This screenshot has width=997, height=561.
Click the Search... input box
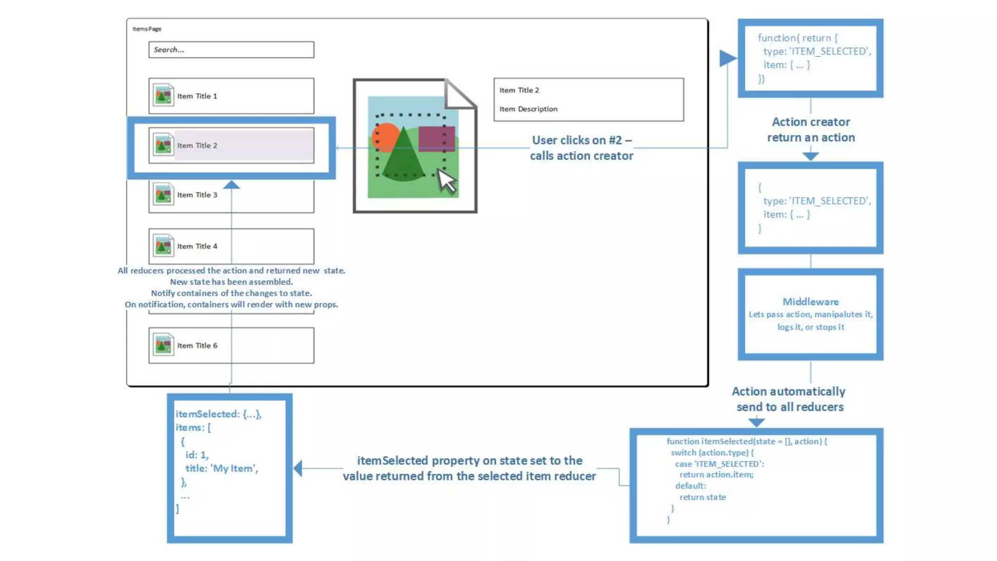231,50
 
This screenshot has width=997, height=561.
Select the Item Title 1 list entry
231,96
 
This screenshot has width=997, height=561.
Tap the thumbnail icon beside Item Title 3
163,195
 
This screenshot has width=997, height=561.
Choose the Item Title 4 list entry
231,246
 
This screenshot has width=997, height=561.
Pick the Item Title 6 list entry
231,345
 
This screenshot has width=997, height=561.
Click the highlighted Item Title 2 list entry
231,146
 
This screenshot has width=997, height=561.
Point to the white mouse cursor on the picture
446,181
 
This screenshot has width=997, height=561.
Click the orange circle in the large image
384,137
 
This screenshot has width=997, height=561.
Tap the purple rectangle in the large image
436,139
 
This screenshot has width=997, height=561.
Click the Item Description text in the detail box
528,109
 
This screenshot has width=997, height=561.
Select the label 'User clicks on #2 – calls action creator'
582,148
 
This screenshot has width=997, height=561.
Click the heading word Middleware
811,302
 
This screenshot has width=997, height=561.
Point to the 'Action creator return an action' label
811,130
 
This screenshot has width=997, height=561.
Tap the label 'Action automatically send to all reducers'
789,399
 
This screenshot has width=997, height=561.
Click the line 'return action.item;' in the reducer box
716,475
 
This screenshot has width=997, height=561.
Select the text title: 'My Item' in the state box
222,468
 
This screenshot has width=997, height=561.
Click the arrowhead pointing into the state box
298,468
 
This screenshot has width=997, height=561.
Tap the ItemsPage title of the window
147,29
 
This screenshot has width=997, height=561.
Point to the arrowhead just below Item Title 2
231,185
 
